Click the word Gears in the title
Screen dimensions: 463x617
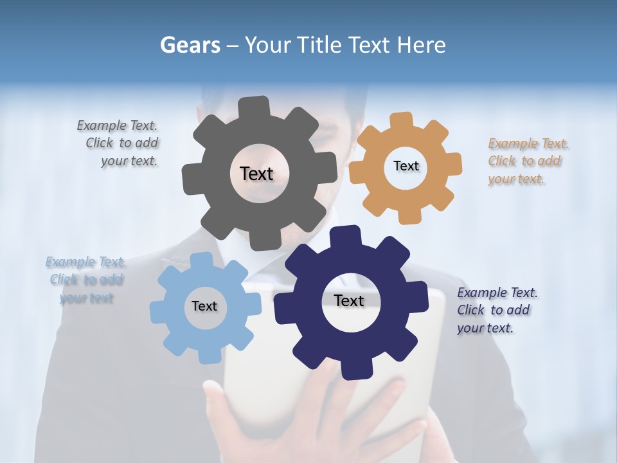point(190,45)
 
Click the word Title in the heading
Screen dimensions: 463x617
point(319,45)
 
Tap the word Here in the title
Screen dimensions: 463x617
point(422,45)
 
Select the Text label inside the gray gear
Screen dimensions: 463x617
point(256,174)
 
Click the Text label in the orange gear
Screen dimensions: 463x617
point(406,166)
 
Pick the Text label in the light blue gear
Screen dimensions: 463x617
point(204,306)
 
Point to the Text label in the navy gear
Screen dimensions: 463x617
point(349,300)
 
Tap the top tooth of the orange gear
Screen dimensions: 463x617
point(401,121)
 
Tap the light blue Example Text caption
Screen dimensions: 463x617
point(86,280)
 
